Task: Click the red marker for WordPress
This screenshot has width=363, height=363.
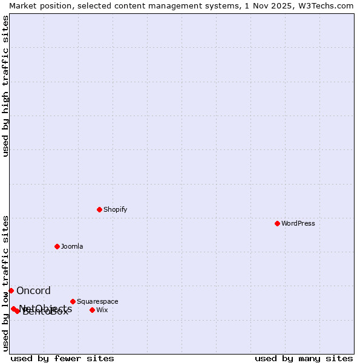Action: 277,223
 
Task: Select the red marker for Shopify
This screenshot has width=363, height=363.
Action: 99,209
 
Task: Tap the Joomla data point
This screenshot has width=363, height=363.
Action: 57,246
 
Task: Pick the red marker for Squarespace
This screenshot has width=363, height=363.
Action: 73,301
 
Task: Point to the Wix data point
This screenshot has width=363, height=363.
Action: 92,310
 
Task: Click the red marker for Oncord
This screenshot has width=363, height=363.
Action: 11,290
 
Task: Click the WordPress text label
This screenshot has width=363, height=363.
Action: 298,223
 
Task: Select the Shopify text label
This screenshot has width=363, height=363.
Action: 115,209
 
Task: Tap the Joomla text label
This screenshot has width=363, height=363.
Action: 72,246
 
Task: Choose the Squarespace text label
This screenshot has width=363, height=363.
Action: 97,301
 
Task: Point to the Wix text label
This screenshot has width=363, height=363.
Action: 102,310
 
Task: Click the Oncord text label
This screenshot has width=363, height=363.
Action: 33,290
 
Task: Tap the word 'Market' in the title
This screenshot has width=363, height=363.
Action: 24,5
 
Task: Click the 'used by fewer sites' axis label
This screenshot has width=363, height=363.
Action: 62,358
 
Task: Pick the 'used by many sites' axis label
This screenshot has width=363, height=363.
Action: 304,358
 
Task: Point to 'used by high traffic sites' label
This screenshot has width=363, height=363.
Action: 5,86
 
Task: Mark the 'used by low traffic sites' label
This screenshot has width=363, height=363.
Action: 5,283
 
